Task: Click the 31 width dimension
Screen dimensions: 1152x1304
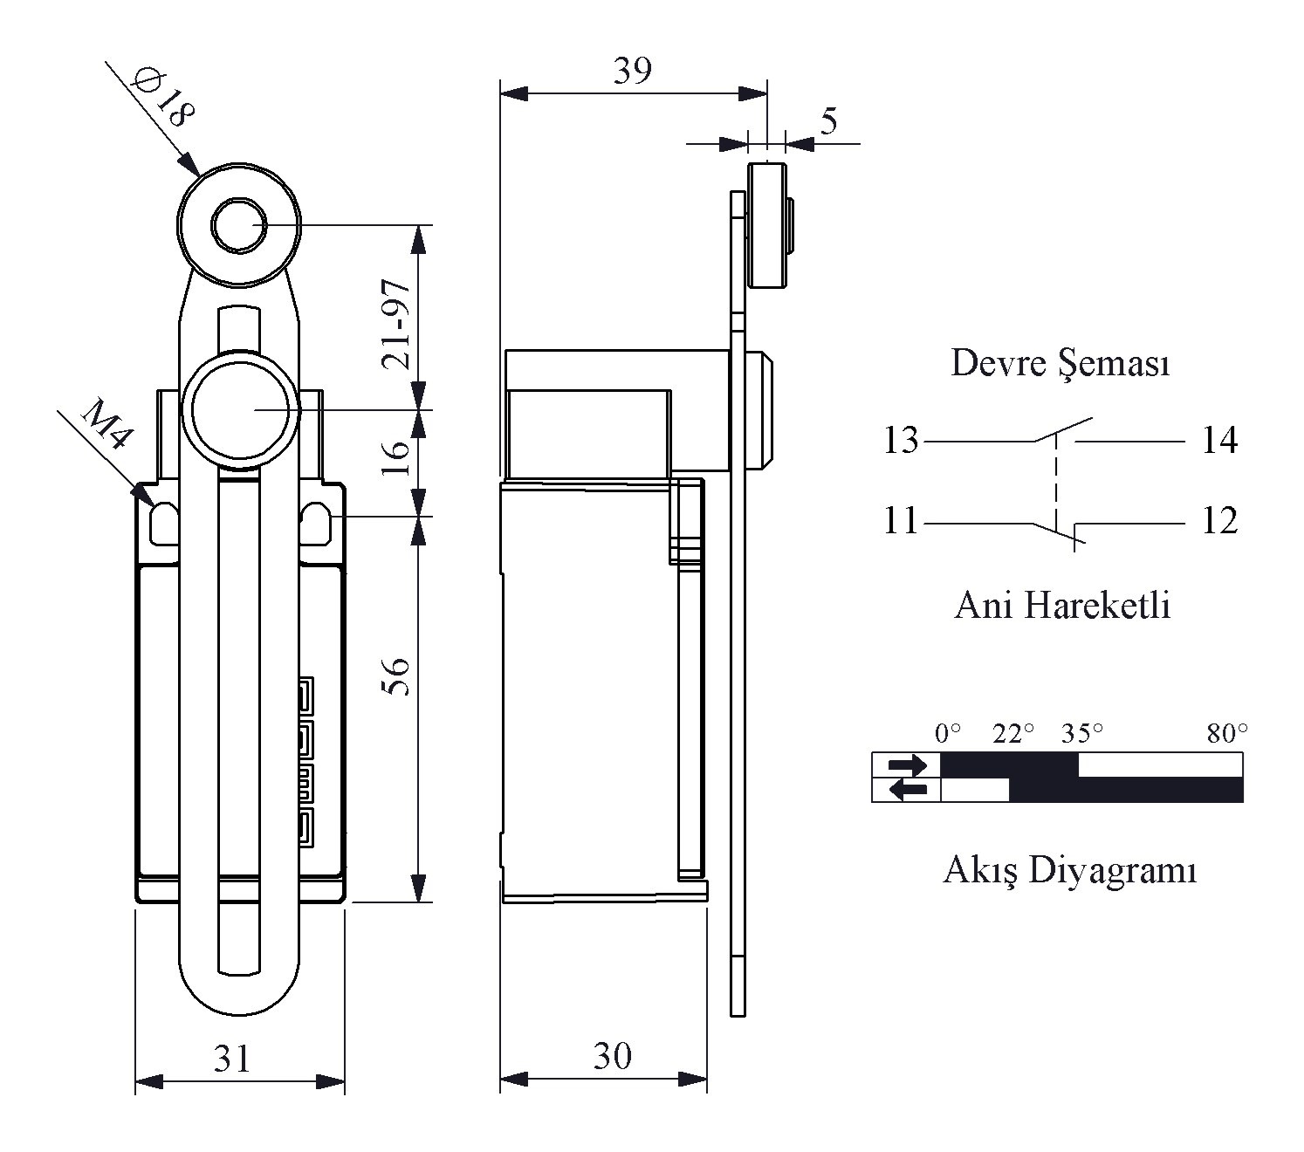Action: (x=232, y=1059)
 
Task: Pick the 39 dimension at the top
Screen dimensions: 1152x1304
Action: (x=632, y=71)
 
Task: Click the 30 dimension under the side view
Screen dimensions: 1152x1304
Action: (x=613, y=1057)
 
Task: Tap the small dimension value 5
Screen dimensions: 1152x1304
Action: (x=828, y=120)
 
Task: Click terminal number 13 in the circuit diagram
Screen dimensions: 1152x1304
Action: (x=901, y=441)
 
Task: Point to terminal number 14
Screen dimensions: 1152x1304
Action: (x=1219, y=441)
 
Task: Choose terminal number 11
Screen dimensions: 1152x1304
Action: (x=901, y=522)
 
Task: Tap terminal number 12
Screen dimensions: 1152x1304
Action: (x=1219, y=522)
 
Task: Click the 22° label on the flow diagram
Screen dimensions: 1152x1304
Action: (x=1012, y=734)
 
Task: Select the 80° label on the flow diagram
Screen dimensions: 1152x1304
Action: (x=1226, y=734)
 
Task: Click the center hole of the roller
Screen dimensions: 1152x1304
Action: (x=238, y=225)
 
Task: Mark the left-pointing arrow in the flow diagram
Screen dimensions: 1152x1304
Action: (x=908, y=791)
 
